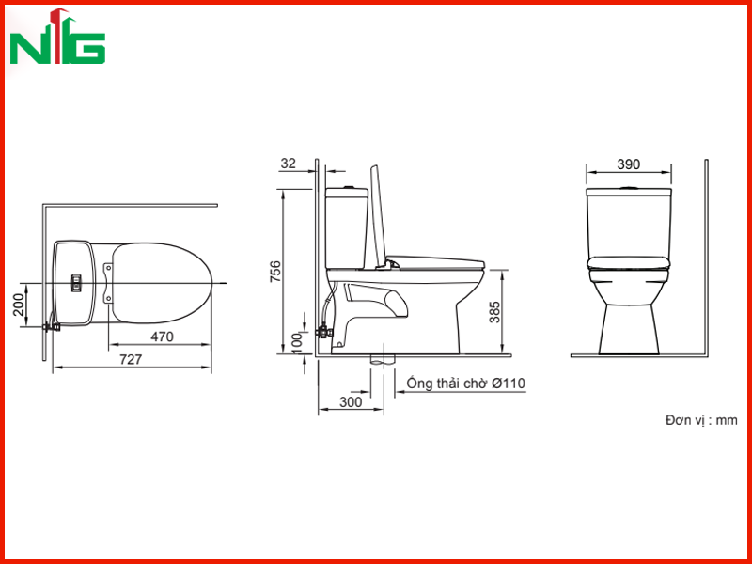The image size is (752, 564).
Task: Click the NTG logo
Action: (x=57, y=36)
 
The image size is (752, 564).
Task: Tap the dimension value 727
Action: (x=131, y=360)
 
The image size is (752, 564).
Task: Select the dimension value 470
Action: (x=162, y=337)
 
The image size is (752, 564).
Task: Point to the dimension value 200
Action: (x=18, y=305)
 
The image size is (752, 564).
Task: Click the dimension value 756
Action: (x=275, y=272)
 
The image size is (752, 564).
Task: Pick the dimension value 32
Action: (x=289, y=164)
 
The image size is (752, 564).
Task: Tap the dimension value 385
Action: (x=494, y=312)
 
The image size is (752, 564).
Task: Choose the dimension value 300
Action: (x=351, y=402)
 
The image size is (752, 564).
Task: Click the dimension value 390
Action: (x=628, y=164)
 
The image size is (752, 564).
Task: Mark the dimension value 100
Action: (x=297, y=343)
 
